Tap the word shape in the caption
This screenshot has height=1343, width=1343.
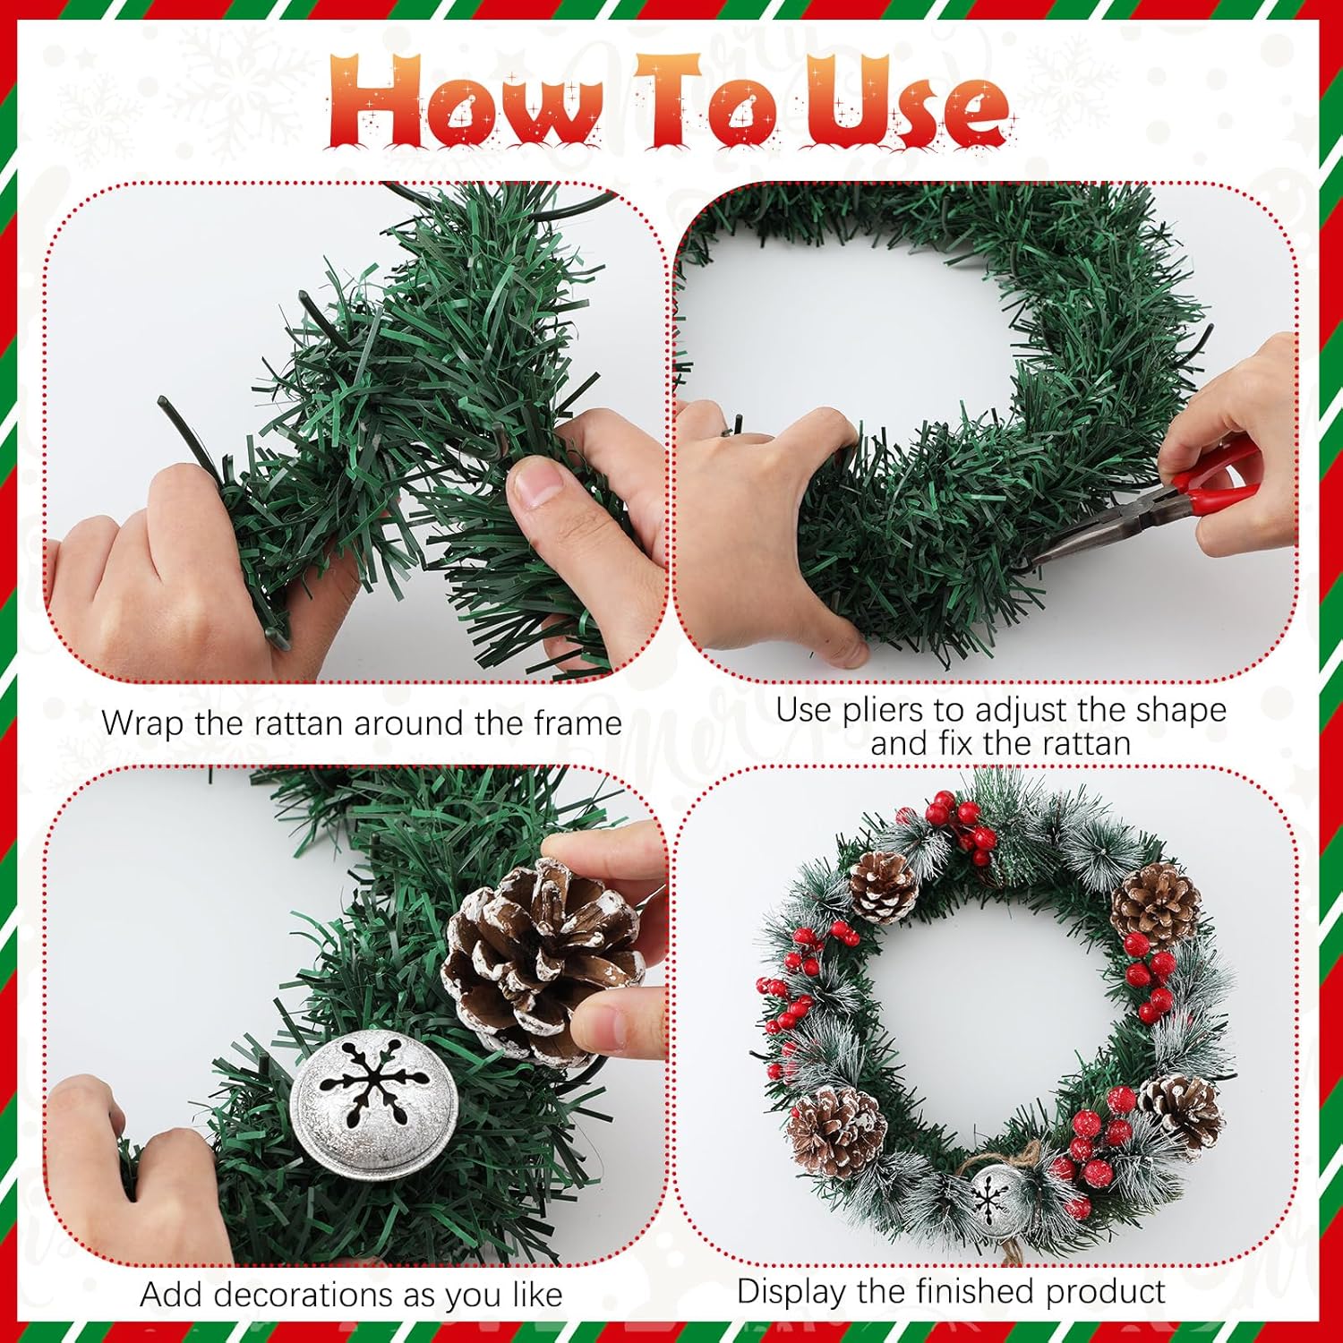coord(1180,711)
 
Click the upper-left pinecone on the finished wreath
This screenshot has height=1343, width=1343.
coord(883,885)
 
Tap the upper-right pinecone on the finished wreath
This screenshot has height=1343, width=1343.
coord(1156,904)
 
